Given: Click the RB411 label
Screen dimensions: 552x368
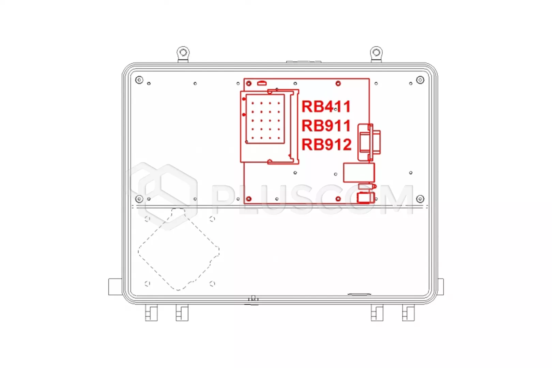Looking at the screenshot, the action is tap(326, 106).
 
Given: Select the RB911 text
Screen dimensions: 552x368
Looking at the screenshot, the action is tap(326, 126).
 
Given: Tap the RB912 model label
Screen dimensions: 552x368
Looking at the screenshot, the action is tap(326, 145).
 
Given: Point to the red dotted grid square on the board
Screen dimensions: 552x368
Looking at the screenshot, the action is tap(265, 119).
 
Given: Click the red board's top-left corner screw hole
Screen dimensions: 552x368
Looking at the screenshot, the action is tap(249, 83).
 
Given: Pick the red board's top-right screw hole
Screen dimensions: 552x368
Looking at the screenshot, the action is tap(338, 83).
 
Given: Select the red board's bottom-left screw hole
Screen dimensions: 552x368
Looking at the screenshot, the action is tap(249, 199).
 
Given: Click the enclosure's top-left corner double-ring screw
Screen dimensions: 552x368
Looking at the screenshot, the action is tap(139, 80).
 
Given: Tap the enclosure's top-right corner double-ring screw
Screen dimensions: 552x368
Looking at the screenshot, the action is tap(420, 80).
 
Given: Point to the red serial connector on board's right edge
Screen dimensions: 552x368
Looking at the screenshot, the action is tap(369, 142).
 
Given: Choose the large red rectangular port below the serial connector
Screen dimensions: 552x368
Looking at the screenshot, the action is tap(359, 172).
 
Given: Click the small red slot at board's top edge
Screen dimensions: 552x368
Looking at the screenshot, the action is tap(262, 83).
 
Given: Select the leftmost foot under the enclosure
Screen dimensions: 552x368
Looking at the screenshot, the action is tap(151, 313).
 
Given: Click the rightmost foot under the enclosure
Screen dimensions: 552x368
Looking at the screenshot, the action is tap(408, 313).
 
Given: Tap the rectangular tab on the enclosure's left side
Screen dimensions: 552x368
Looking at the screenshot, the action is tap(115, 287).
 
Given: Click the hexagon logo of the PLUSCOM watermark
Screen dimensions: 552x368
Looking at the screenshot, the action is tap(162, 196).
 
